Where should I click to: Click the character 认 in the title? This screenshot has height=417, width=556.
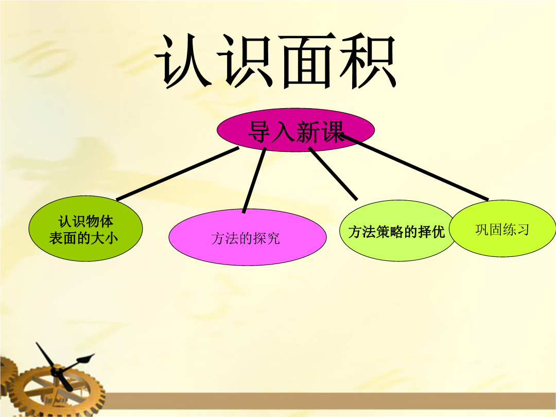184,61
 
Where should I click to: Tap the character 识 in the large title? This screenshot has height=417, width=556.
246,61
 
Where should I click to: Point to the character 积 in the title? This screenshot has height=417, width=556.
368,61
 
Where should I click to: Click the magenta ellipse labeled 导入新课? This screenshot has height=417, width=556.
296,130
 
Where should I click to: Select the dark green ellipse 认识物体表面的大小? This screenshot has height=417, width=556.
85,229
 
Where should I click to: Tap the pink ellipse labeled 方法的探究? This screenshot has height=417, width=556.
248,237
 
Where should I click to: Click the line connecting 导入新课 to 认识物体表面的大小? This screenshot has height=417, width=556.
178,174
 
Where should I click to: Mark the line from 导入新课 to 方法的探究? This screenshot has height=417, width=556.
254,181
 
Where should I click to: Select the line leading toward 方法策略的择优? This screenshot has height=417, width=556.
333,174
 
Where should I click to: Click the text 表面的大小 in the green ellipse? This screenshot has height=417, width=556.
83,238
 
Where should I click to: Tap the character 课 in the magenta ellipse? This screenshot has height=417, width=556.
332,132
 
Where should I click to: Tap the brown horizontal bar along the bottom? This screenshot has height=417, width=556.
330,401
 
